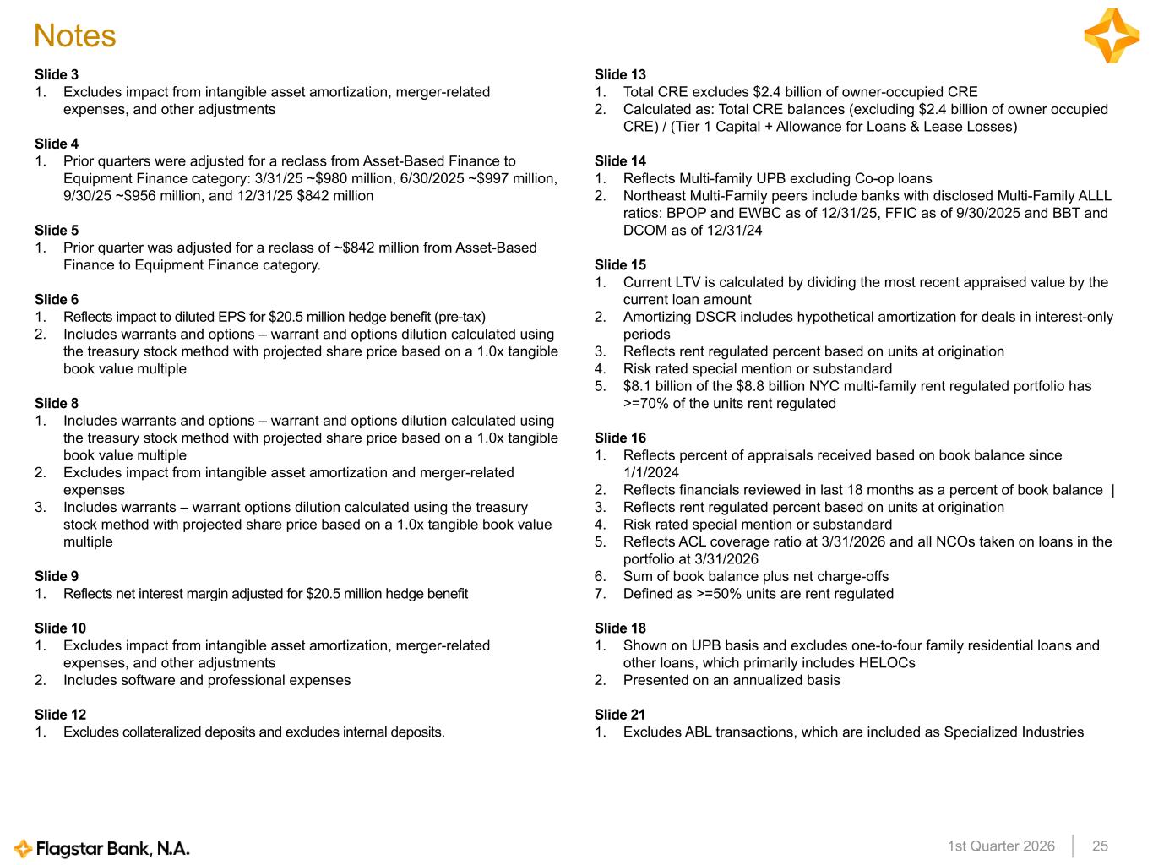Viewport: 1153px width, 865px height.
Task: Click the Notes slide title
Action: [74, 35]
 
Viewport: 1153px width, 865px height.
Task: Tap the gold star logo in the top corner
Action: [1111, 35]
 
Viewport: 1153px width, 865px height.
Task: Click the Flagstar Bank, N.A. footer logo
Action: [102, 848]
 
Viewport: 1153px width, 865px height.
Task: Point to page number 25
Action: [1100, 846]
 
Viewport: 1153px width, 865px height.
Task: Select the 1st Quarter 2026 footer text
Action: [1001, 846]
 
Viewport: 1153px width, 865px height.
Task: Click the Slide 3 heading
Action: [57, 75]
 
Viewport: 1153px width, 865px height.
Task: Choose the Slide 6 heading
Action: [57, 300]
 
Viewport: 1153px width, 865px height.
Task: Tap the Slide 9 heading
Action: [57, 577]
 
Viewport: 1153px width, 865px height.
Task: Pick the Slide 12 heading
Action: [60, 715]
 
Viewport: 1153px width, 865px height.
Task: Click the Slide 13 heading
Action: [620, 75]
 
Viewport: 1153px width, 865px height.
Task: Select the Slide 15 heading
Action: [620, 265]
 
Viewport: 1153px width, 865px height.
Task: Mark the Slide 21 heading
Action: [620, 715]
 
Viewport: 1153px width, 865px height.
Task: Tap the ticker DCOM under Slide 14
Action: [645, 231]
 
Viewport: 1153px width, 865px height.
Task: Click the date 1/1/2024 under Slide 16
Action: [651, 473]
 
